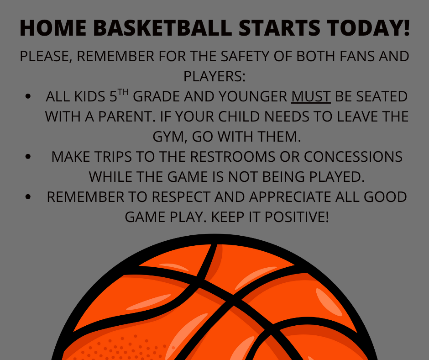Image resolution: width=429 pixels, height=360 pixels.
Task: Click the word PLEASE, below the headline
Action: pyautogui.click(x=46, y=57)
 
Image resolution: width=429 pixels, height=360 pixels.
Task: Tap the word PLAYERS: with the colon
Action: pyautogui.click(x=214, y=76)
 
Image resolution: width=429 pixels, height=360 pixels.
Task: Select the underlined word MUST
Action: pyautogui.click(x=311, y=97)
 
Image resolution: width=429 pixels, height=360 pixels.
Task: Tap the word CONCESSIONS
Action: pyautogui.click(x=353, y=157)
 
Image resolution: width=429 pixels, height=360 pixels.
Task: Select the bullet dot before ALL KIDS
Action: pyautogui.click(x=29, y=97)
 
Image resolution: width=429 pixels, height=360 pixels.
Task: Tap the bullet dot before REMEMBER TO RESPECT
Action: pyautogui.click(x=29, y=197)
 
